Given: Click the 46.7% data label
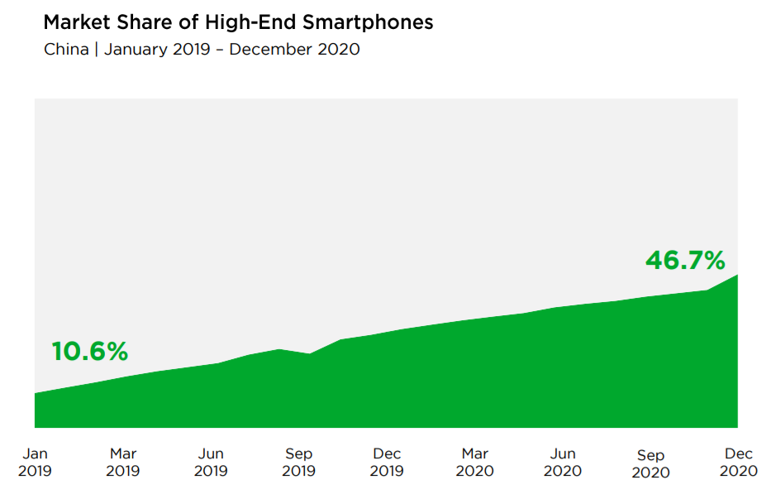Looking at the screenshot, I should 685,261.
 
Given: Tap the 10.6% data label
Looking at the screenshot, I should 90,352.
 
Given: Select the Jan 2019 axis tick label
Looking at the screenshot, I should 35,463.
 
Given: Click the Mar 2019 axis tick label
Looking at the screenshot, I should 123,463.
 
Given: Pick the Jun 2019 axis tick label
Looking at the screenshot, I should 211,463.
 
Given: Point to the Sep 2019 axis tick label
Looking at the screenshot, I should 298,463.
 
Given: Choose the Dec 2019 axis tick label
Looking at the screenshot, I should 387,463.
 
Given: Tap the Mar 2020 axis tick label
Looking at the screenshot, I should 474,463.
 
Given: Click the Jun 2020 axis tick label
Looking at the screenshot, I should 563,463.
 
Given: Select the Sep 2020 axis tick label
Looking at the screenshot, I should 650,464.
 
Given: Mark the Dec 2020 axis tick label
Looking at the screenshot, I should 739,463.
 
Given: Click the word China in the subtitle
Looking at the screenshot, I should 66,49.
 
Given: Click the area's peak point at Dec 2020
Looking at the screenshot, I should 737,275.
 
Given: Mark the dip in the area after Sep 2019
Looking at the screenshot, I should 309,354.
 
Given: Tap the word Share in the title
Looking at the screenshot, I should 144,22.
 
